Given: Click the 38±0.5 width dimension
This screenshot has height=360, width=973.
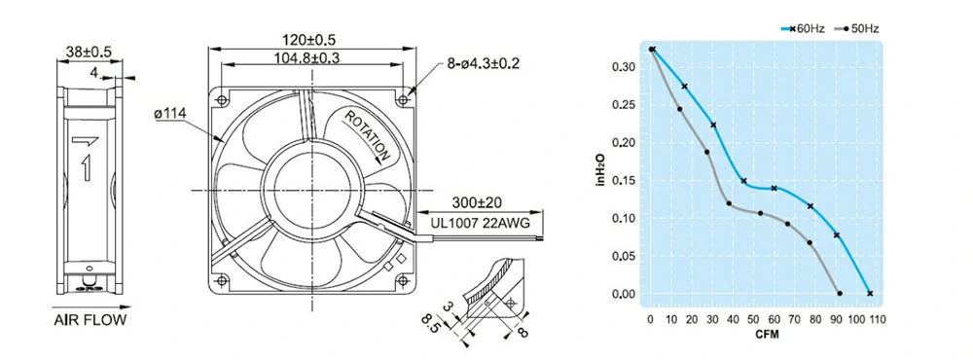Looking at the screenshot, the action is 88,53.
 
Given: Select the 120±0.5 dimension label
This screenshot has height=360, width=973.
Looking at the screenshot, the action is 309,40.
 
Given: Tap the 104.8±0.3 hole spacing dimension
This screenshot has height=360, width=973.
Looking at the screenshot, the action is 309,57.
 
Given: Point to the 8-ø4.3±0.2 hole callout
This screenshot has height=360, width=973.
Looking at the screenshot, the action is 482,63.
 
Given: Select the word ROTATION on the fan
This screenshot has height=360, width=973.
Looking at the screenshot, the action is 368,136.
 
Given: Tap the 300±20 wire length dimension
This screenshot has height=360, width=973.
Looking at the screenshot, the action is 477,202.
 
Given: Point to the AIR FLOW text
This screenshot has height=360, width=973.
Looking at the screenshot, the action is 90,321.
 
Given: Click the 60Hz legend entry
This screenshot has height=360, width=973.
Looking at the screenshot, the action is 803,28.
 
